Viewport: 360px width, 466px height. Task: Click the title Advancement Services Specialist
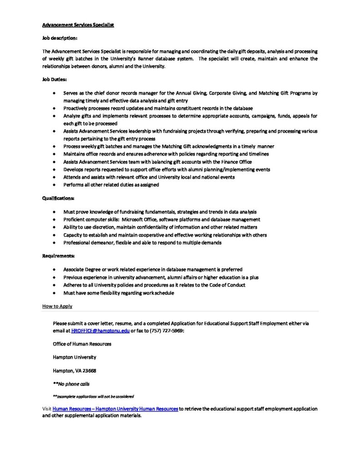(x=78, y=25)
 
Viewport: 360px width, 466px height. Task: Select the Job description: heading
(x=60, y=38)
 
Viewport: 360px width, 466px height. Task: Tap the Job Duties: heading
(x=54, y=79)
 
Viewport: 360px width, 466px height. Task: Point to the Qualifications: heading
(x=58, y=198)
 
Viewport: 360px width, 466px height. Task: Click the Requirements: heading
(x=58, y=256)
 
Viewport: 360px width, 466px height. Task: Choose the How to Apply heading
(x=57, y=306)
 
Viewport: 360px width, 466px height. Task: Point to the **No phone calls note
(x=71, y=384)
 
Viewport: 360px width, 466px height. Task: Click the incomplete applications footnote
(x=93, y=396)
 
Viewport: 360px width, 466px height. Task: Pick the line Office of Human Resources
(x=82, y=344)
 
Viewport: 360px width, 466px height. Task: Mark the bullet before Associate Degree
(x=54, y=269)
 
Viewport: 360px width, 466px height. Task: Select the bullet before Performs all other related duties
(x=54, y=185)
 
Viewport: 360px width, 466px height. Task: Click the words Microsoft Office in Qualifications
(x=137, y=219)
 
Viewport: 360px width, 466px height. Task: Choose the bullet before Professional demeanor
(x=54, y=243)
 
